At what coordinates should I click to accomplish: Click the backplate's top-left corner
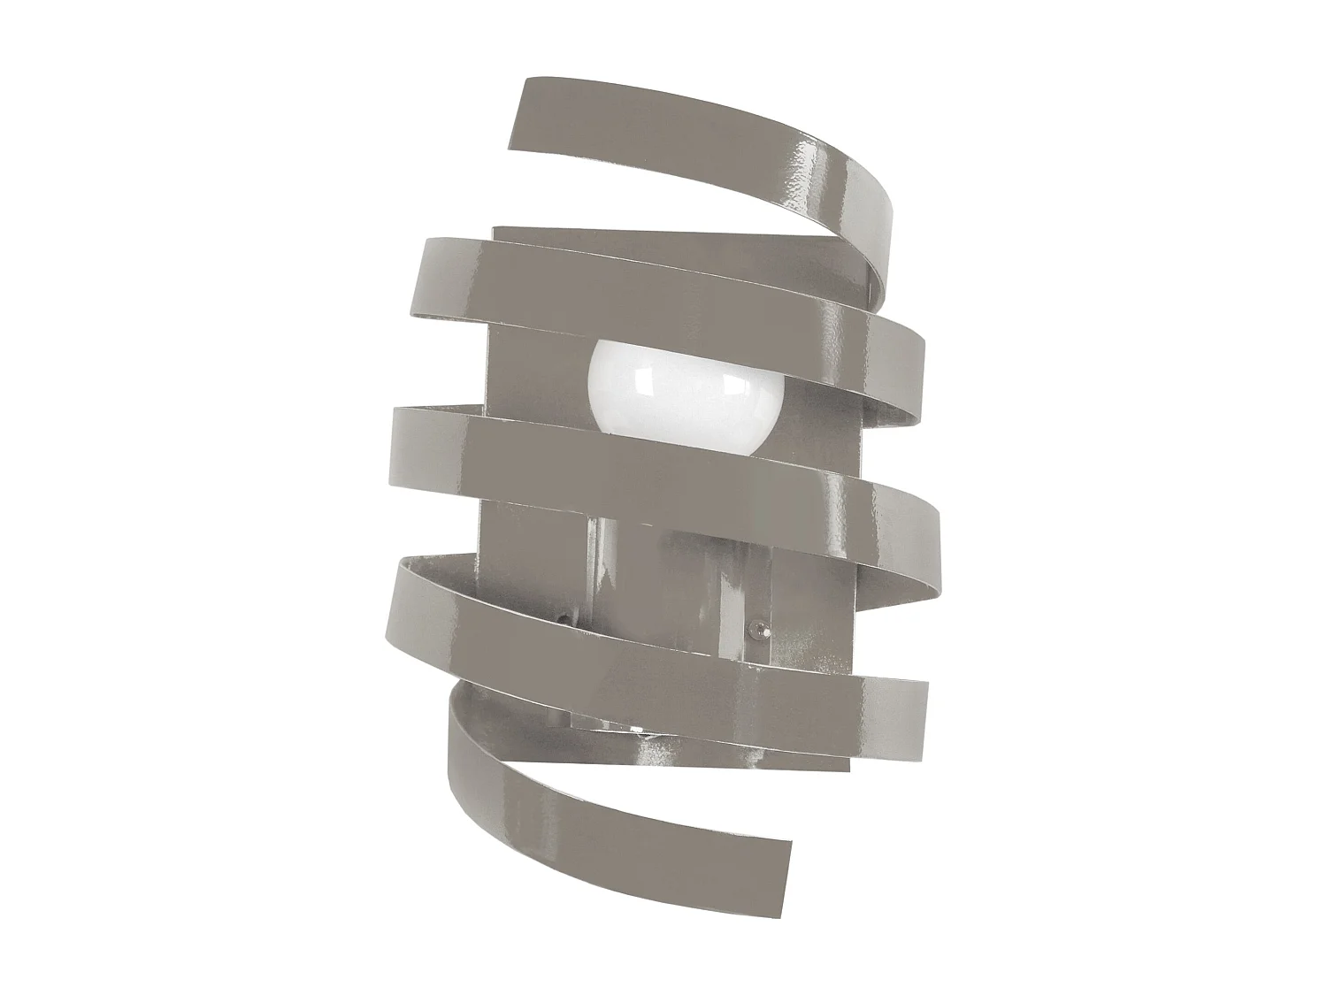[495, 229]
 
